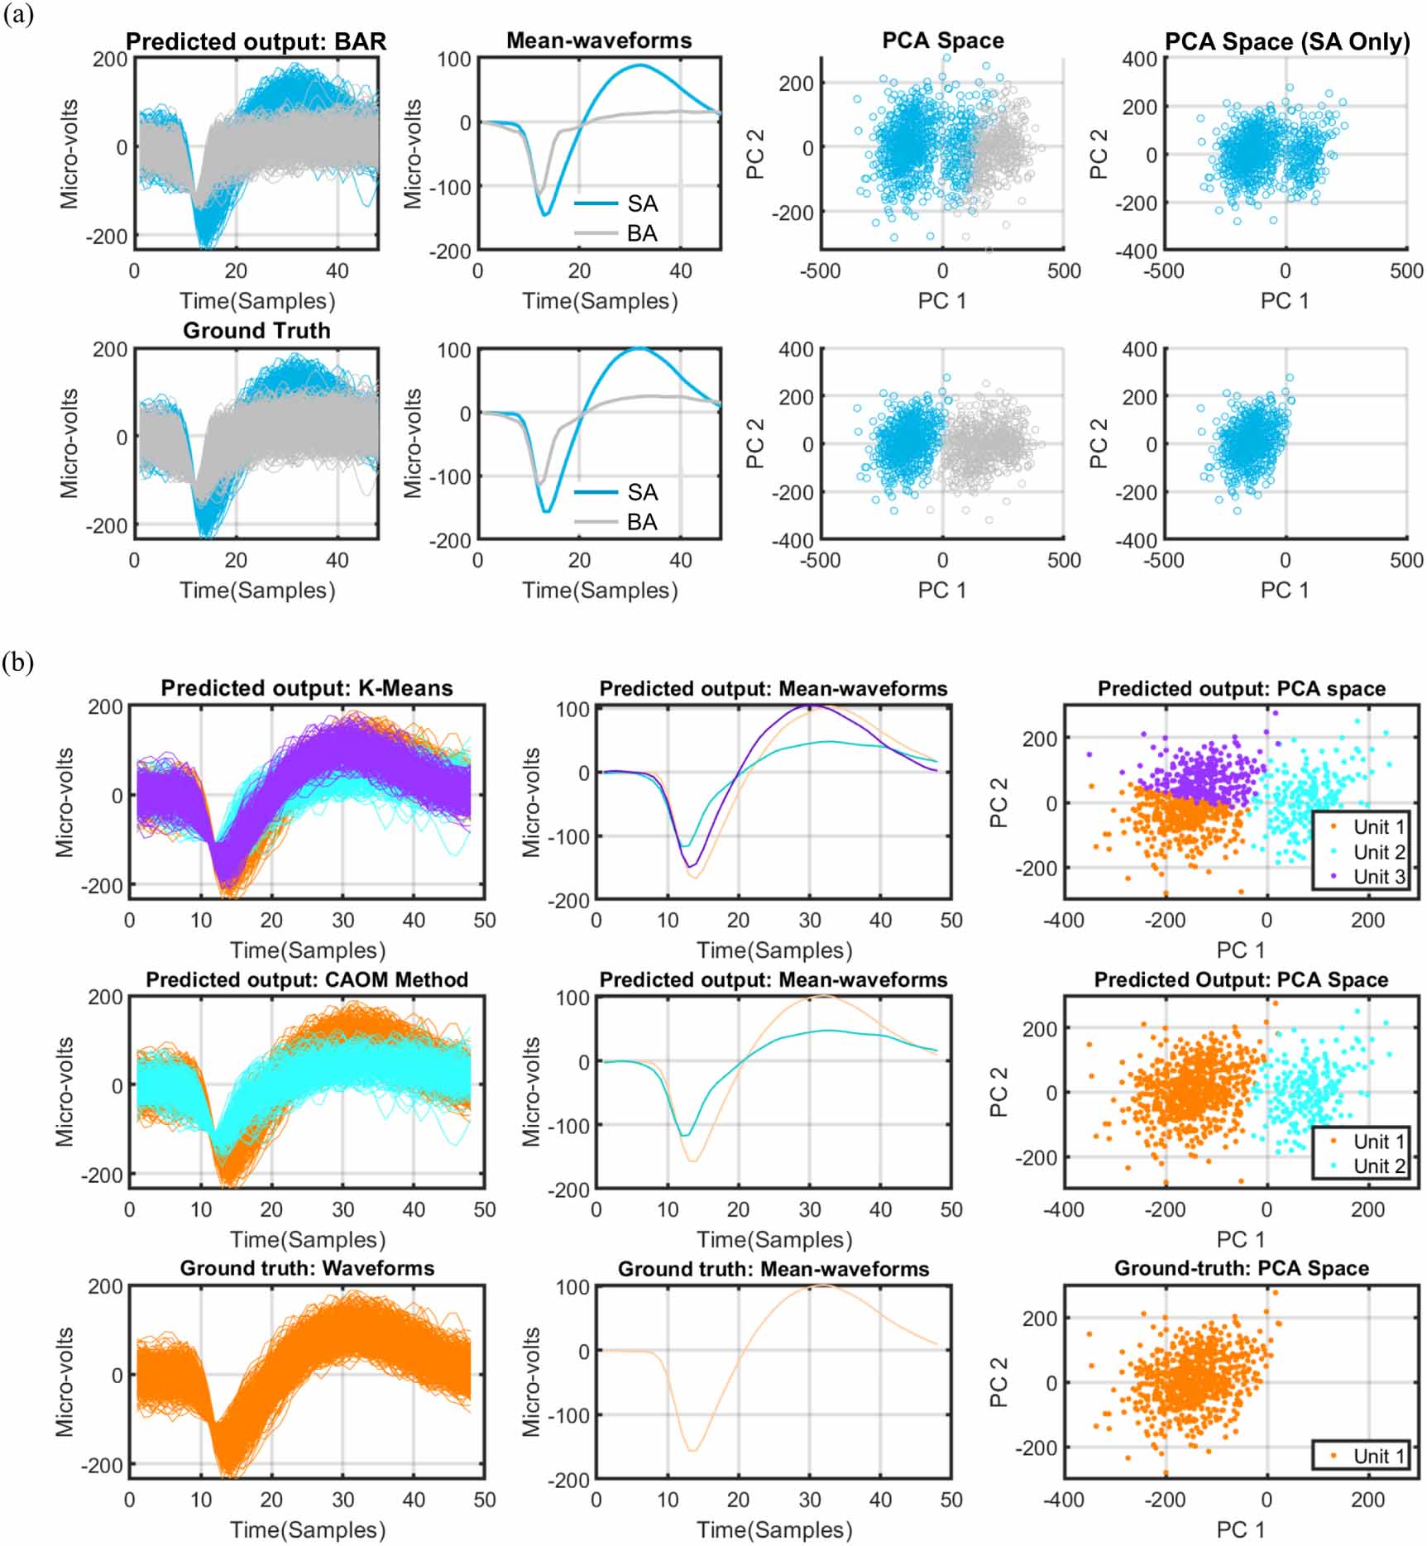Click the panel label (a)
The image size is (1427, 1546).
[18, 15]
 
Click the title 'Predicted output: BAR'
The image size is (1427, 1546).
[256, 41]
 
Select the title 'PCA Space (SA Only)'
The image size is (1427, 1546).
[1286, 41]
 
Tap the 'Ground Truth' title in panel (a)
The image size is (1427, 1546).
[256, 331]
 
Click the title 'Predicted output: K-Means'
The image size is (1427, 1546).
[307, 688]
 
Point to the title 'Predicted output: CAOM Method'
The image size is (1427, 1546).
[307, 979]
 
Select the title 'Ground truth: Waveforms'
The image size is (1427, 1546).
[307, 1268]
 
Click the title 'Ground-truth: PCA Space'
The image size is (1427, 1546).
[1241, 1268]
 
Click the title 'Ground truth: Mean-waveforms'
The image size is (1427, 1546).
[773, 1269]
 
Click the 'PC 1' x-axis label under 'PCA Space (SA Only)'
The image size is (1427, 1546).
[1285, 301]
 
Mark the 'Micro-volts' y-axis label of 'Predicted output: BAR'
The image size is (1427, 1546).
[69, 154]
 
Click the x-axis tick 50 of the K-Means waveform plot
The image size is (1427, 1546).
[484, 920]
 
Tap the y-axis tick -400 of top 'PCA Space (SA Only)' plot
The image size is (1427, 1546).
[1139, 251]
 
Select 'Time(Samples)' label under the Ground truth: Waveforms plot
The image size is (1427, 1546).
[307, 1530]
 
